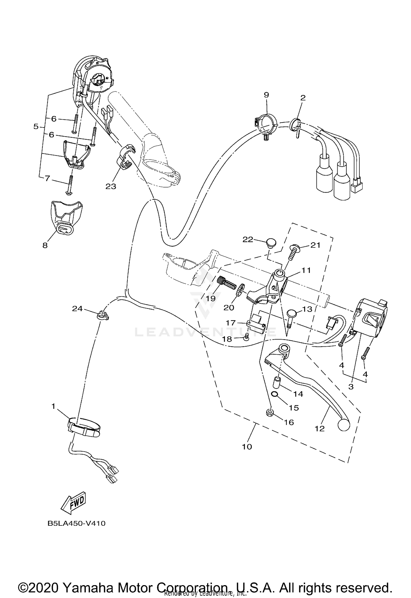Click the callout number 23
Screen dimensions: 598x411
tap(111, 186)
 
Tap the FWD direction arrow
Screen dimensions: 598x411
tap(73, 503)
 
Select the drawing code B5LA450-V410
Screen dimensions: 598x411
tap(76, 523)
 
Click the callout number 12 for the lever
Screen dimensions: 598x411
tap(319, 429)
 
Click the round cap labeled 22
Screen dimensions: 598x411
tap(271, 243)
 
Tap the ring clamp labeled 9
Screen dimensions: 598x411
tap(266, 122)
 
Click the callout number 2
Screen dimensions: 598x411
tap(303, 98)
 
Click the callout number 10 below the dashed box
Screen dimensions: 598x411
tap(247, 447)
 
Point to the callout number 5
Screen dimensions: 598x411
tap(36, 127)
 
